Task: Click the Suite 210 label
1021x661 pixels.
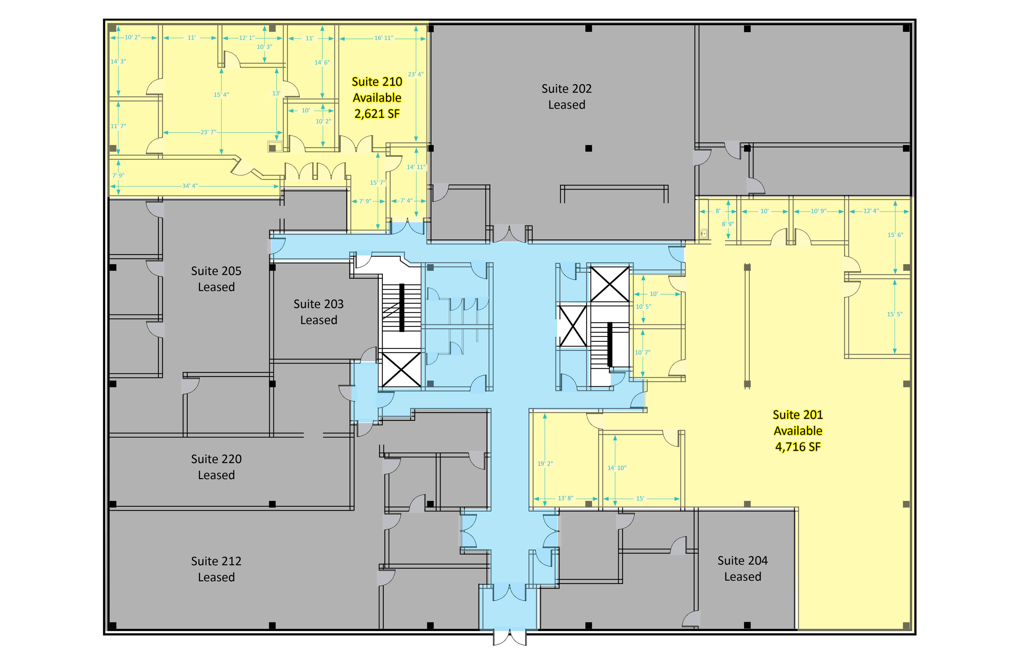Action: pos(377,81)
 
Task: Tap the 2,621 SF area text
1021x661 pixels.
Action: pos(377,114)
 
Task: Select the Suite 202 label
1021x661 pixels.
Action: pos(566,89)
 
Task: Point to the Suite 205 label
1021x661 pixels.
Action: pos(216,271)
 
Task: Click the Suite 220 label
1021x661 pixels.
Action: pos(216,459)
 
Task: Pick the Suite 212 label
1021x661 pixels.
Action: pos(216,561)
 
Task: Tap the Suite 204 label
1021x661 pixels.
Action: pos(743,561)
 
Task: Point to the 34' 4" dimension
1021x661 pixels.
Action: pos(190,186)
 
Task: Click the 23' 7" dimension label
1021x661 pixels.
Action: pos(208,132)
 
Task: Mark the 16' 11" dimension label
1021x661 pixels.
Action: pos(384,38)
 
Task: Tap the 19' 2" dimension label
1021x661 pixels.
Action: pos(545,463)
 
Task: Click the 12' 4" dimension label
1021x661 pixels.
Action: pos(871,211)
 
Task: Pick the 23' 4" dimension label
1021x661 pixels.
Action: pos(415,74)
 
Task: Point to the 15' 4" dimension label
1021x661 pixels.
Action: pos(221,94)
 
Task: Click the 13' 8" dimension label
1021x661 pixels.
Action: pos(565,498)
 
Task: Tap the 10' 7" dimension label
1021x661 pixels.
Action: pos(643,352)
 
